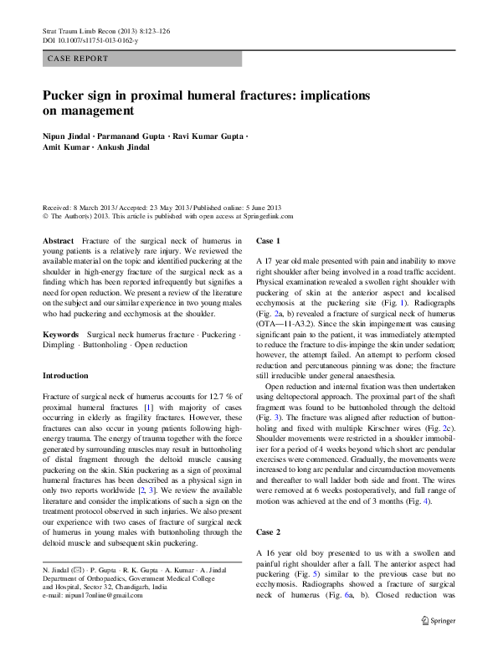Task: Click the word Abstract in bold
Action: pos(59,240)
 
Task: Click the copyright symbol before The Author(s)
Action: pos(44,215)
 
